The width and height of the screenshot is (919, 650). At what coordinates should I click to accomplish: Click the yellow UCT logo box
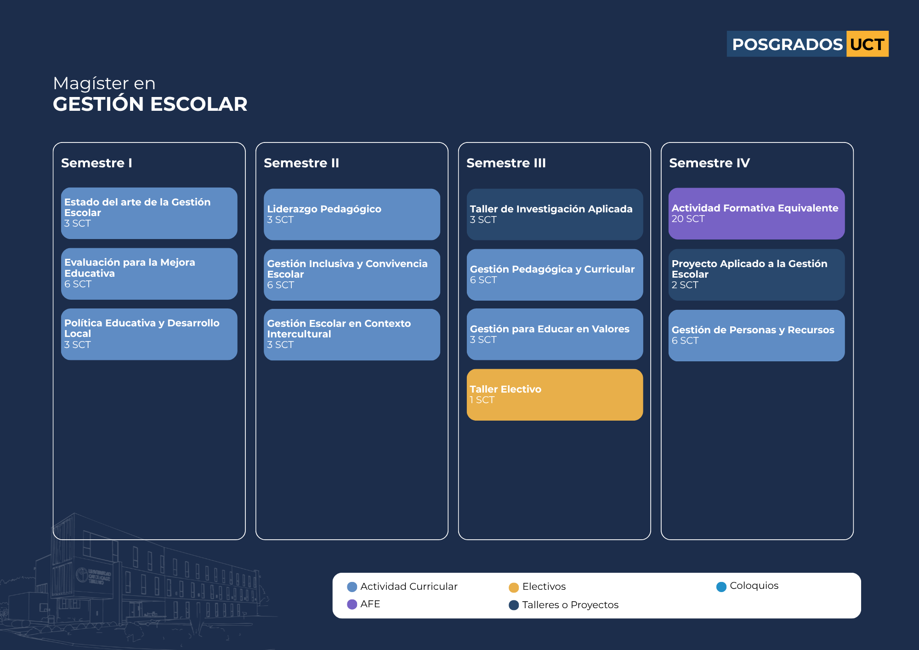867,44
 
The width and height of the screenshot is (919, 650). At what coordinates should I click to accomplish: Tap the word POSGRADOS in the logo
787,45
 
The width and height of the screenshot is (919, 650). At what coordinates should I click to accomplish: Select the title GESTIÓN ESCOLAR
150,104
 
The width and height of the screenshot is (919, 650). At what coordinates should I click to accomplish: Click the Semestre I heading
96,163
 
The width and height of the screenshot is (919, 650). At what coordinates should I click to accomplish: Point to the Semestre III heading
506,163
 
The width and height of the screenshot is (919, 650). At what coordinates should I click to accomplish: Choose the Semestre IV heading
709,163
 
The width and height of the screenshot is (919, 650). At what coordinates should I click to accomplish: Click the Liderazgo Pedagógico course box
352,214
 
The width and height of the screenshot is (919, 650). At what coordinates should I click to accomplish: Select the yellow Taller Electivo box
555,394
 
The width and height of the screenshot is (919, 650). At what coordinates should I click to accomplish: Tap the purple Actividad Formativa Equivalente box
756,213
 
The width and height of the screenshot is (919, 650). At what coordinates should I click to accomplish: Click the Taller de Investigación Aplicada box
555,214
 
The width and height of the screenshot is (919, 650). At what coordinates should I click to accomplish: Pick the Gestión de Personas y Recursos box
756,335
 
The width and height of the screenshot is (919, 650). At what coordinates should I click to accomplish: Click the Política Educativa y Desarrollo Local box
149,334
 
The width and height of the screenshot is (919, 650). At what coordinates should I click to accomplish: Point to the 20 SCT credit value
688,219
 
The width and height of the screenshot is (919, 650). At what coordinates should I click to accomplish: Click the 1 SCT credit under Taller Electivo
482,400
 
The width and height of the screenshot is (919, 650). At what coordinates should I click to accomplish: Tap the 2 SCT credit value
685,285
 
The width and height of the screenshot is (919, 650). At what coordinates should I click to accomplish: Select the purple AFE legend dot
352,604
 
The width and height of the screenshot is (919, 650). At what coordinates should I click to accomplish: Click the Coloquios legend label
754,586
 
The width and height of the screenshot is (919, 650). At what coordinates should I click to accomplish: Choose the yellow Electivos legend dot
514,587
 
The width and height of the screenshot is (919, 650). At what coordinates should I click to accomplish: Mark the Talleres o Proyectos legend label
570,605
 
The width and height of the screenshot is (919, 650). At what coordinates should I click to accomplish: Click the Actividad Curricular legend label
409,587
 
